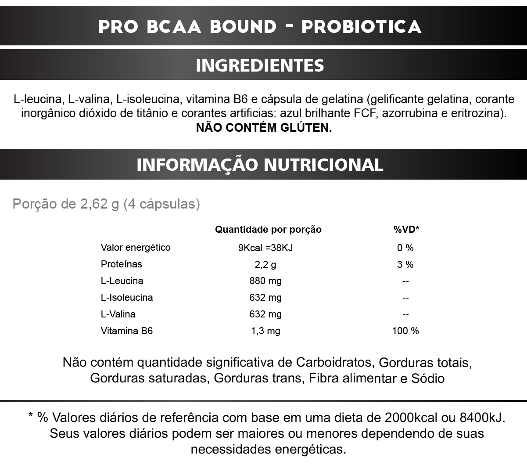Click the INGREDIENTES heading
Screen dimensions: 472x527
(260, 65)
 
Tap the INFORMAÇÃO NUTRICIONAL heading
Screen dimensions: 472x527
(260, 165)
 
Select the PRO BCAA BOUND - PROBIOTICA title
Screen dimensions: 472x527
(260, 26)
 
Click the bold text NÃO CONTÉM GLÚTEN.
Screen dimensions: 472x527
(264, 128)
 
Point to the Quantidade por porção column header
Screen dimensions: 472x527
(268, 230)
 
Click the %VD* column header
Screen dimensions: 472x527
(406, 230)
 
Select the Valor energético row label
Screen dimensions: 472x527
(136, 248)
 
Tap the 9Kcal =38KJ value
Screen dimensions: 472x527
(265, 248)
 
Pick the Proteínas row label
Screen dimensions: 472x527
(122, 264)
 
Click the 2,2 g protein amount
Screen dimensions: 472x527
(265, 265)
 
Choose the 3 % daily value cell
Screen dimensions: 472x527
(405, 265)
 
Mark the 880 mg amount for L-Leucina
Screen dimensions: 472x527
(265, 281)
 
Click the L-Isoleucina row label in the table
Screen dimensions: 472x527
(127, 298)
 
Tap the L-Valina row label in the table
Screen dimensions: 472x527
(118, 314)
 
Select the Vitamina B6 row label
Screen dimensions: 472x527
(127, 331)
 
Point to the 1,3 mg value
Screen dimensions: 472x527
(265, 331)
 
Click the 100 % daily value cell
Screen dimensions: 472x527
(405, 331)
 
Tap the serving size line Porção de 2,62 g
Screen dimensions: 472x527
(106, 204)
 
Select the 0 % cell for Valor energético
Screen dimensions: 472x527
(405, 248)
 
